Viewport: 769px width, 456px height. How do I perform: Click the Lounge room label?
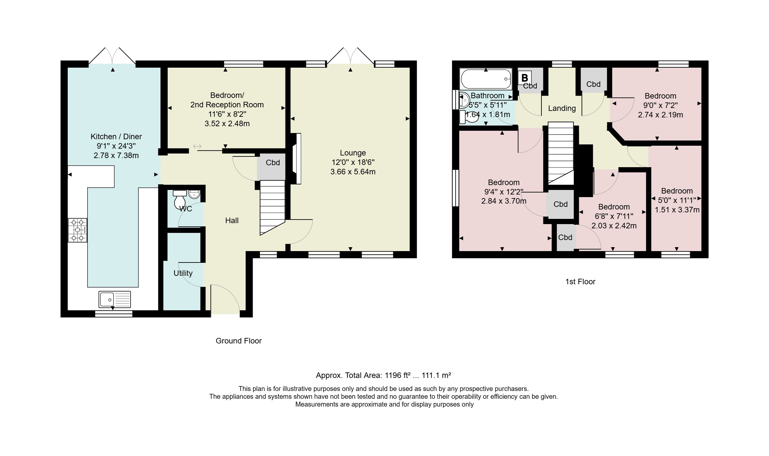(353, 153)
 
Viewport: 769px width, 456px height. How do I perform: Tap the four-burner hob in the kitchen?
(77, 230)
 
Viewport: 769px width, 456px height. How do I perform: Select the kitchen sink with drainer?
(115, 299)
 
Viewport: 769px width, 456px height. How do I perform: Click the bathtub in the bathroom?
(485, 79)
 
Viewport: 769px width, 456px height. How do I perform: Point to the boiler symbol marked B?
(524, 78)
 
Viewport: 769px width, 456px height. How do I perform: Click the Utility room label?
(183, 273)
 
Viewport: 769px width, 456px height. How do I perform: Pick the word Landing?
(562, 108)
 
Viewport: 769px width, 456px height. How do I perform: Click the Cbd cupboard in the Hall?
(272, 166)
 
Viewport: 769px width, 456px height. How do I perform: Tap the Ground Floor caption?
(239, 341)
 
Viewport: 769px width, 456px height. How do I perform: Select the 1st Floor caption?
(580, 282)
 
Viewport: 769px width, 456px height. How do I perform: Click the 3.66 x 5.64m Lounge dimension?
(353, 172)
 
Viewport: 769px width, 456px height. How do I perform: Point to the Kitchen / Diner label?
(116, 137)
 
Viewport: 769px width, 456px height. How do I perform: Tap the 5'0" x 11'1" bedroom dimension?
(677, 200)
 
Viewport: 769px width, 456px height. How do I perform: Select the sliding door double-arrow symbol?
(197, 147)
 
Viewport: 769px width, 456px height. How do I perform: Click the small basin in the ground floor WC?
(194, 194)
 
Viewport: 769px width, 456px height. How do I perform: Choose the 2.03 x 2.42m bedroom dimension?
(614, 226)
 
